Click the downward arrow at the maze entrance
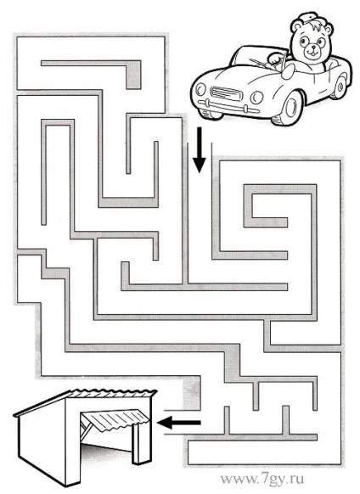(199, 150)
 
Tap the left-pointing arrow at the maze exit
(179, 423)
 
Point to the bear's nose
(313, 48)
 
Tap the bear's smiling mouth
(312, 53)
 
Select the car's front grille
(226, 93)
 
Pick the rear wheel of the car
(340, 86)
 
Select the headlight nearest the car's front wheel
(257, 98)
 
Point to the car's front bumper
(228, 106)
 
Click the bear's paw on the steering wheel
(274, 58)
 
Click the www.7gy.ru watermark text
(262, 480)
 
